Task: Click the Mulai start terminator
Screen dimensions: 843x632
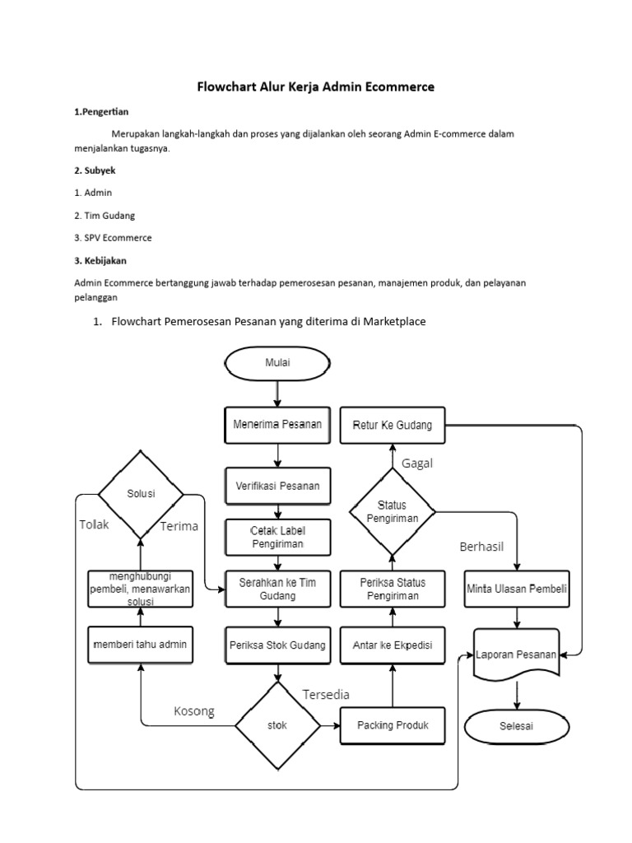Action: [x=278, y=361]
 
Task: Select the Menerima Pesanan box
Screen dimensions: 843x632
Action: [x=278, y=425]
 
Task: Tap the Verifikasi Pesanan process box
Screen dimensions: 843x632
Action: [x=278, y=486]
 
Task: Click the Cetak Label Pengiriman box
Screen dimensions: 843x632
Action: [x=278, y=536]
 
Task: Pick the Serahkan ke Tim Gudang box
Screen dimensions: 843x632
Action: [x=278, y=588]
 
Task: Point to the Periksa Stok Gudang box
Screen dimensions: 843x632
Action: [x=278, y=645]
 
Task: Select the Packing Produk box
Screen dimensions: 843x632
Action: [x=393, y=725]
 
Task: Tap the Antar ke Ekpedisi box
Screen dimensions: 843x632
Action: [x=393, y=645]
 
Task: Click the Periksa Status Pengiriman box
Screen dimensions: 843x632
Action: [x=393, y=588]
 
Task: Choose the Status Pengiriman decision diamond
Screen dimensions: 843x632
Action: [x=393, y=511]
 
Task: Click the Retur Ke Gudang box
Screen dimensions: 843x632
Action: [x=393, y=425]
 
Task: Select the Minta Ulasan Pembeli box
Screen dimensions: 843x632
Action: [x=518, y=589]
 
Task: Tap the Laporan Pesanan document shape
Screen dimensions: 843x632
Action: [x=517, y=655]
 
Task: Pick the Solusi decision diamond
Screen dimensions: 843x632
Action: [x=141, y=494]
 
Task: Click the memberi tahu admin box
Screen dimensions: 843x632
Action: [x=141, y=645]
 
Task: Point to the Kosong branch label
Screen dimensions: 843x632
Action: [x=193, y=711]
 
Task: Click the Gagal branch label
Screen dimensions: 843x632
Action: [x=417, y=463]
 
